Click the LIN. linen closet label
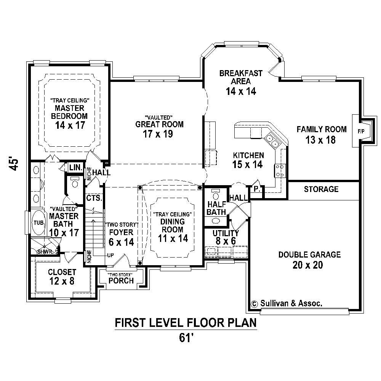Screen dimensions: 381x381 (x=74, y=168)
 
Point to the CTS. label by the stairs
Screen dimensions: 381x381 (x=93, y=198)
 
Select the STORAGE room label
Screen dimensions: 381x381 (x=321, y=189)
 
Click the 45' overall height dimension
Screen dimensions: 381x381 (x=14, y=165)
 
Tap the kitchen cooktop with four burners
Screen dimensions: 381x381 (x=279, y=170)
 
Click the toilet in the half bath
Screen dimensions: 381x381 (x=216, y=195)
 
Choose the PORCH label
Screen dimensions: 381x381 (x=121, y=281)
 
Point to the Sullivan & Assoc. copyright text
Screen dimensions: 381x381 (x=287, y=304)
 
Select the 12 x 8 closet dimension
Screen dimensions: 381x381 (x=61, y=282)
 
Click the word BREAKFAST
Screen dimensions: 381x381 (x=241, y=73)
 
